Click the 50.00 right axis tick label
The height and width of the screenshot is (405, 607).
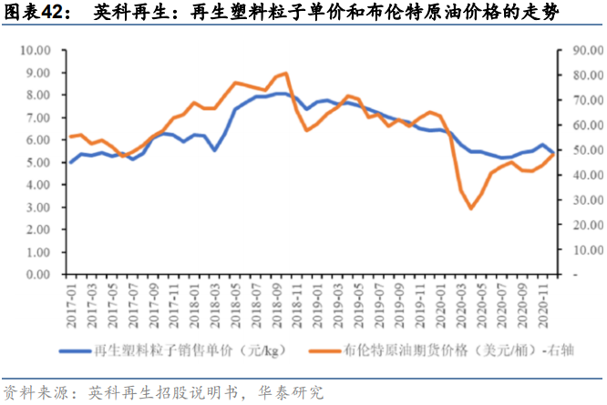(x=583, y=150)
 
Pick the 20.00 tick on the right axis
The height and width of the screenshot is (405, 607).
(x=583, y=225)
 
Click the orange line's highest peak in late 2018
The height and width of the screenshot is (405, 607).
(x=287, y=73)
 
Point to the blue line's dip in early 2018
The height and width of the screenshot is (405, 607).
(x=215, y=149)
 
